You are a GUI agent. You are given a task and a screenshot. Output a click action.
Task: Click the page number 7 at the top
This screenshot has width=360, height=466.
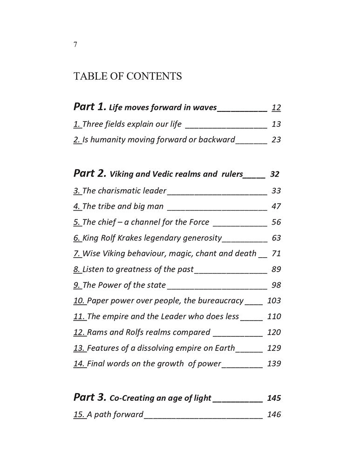pyautogui.click(x=75, y=45)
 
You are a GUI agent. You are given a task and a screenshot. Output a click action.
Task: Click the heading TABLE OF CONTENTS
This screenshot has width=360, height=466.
pyautogui.click(x=127, y=76)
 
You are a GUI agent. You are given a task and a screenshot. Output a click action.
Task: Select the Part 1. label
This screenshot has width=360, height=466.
pyautogui.click(x=90, y=107)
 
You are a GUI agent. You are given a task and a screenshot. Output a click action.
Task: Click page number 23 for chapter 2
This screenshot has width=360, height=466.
pyautogui.click(x=276, y=139)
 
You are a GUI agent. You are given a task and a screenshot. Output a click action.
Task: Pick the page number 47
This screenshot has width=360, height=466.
pyautogui.click(x=276, y=206)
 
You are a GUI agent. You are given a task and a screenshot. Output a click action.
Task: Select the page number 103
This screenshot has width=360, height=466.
pyautogui.click(x=274, y=301)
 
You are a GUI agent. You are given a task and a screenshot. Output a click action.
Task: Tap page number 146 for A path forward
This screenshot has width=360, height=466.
pyautogui.click(x=274, y=414)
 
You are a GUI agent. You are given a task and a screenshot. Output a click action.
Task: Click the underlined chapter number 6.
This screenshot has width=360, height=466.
pyautogui.click(x=77, y=238)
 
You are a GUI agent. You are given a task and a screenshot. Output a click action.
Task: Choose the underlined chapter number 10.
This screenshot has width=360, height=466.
pyautogui.click(x=79, y=301)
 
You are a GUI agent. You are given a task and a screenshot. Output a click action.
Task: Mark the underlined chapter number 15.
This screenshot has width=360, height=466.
pyautogui.click(x=79, y=414)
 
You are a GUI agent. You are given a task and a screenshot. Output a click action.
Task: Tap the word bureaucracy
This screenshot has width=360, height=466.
pyautogui.click(x=217, y=301)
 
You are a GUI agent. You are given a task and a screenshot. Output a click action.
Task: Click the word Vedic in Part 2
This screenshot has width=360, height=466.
pyautogui.click(x=164, y=174)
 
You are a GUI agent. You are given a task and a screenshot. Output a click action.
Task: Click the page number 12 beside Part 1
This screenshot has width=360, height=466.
pyautogui.click(x=276, y=108)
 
